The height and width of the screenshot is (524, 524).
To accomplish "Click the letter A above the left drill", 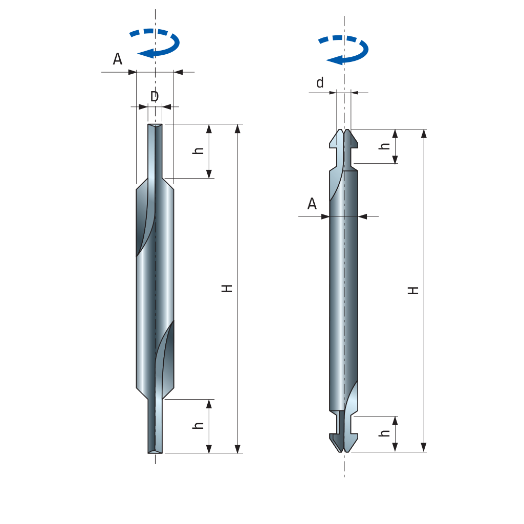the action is (x=117, y=59).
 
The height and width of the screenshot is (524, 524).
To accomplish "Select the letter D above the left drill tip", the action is (x=155, y=97).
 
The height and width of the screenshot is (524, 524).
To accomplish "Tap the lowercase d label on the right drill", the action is (x=320, y=82).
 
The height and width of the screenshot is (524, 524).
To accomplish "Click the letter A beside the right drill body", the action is (x=312, y=204).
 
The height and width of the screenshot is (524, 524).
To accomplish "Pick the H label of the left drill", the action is (x=227, y=289).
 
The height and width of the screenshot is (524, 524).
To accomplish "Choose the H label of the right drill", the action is (x=413, y=290).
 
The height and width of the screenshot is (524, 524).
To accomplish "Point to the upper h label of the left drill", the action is (x=198, y=150).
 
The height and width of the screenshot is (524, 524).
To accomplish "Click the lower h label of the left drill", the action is (x=198, y=425).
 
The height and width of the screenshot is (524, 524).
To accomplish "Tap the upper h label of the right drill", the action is (x=384, y=146).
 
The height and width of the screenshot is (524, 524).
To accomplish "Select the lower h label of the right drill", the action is (x=384, y=433).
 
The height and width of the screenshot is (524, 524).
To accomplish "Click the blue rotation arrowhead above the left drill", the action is (x=146, y=53).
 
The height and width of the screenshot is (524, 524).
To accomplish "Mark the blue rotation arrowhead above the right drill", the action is (x=335, y=60).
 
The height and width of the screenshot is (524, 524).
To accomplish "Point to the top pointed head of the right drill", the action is (x=343, y=139).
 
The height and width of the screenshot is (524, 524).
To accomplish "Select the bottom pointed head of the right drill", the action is (x=343, y=443).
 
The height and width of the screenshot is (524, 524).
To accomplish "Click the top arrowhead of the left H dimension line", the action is (x=237, y=128).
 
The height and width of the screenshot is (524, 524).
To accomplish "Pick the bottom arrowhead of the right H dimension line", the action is (x=424, y=447).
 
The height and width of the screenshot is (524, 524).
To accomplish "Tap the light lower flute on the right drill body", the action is (x=352, y=398).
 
